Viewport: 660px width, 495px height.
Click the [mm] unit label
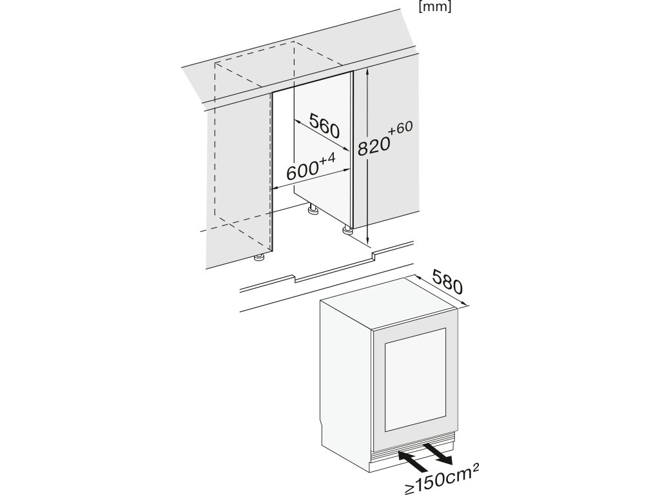[435, 8]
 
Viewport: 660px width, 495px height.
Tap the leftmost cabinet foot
[258, 258]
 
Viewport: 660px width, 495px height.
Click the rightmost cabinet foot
[347, 228]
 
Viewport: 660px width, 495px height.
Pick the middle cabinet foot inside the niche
[312, 209]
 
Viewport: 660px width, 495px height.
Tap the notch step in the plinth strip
[373, 258]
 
